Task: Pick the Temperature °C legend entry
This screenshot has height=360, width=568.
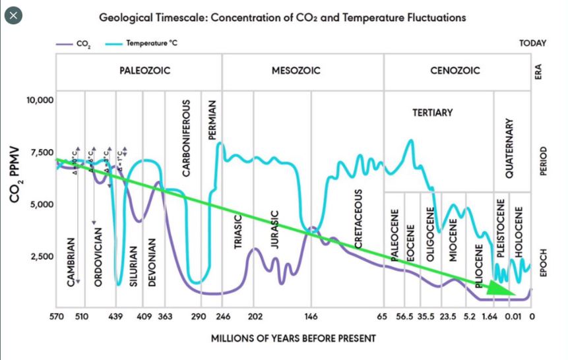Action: pyautogui.click(x=142, y=44)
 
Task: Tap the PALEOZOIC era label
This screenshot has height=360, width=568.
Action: pyautogui.click(x=145, y=71)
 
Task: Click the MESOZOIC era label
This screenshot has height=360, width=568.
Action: pyautogui.click(x=296, y=71)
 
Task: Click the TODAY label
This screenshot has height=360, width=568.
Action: pyautogui.click(x=533, y=44)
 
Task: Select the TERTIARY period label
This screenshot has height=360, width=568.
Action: pyautogui.click(x=433, y=113)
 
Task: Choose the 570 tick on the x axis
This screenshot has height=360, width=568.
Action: pyautogui.click(x=57, y=317)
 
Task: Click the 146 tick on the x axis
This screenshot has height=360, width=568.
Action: pyautogui.click(x=311, y=317)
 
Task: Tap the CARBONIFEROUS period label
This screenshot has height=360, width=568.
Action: pyautogui.click(x=187, y=138)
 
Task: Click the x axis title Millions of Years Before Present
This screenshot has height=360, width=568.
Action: pyautogui.click(x=294, y=338)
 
